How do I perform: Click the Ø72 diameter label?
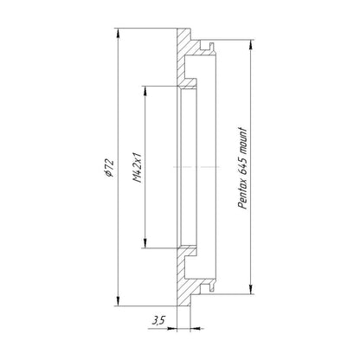(x=109, y=168)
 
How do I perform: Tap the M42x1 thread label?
(x=138, y=168)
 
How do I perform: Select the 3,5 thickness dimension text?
(x=159, y=320)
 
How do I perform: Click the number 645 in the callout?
(x=243, y=166)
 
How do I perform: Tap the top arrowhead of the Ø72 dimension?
(x=118, y=33)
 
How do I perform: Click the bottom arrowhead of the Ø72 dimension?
(x=118, y=301)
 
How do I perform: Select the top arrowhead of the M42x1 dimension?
(x=145, y=91)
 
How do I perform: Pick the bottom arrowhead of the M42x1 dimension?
(x=145, y=243)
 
